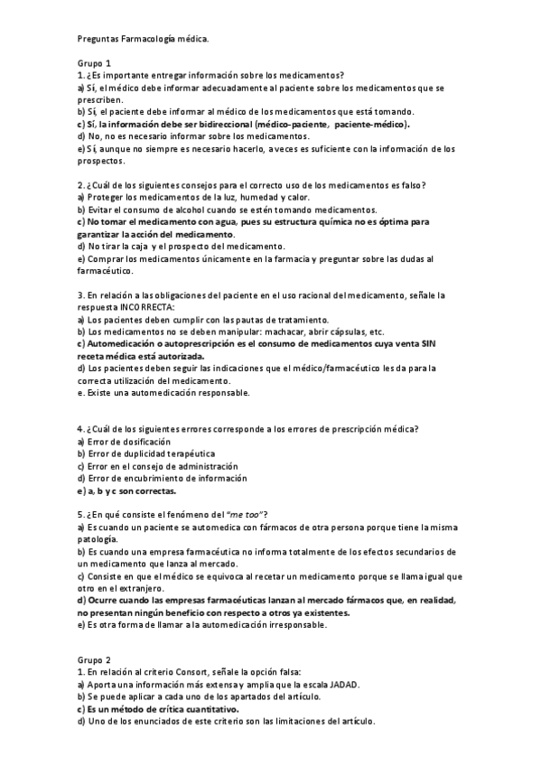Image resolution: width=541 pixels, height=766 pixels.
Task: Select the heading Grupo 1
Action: (x=94, y=63)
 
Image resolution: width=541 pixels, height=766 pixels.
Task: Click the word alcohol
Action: (x=173, y=209)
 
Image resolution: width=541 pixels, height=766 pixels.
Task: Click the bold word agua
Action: (x=201, y=221)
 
